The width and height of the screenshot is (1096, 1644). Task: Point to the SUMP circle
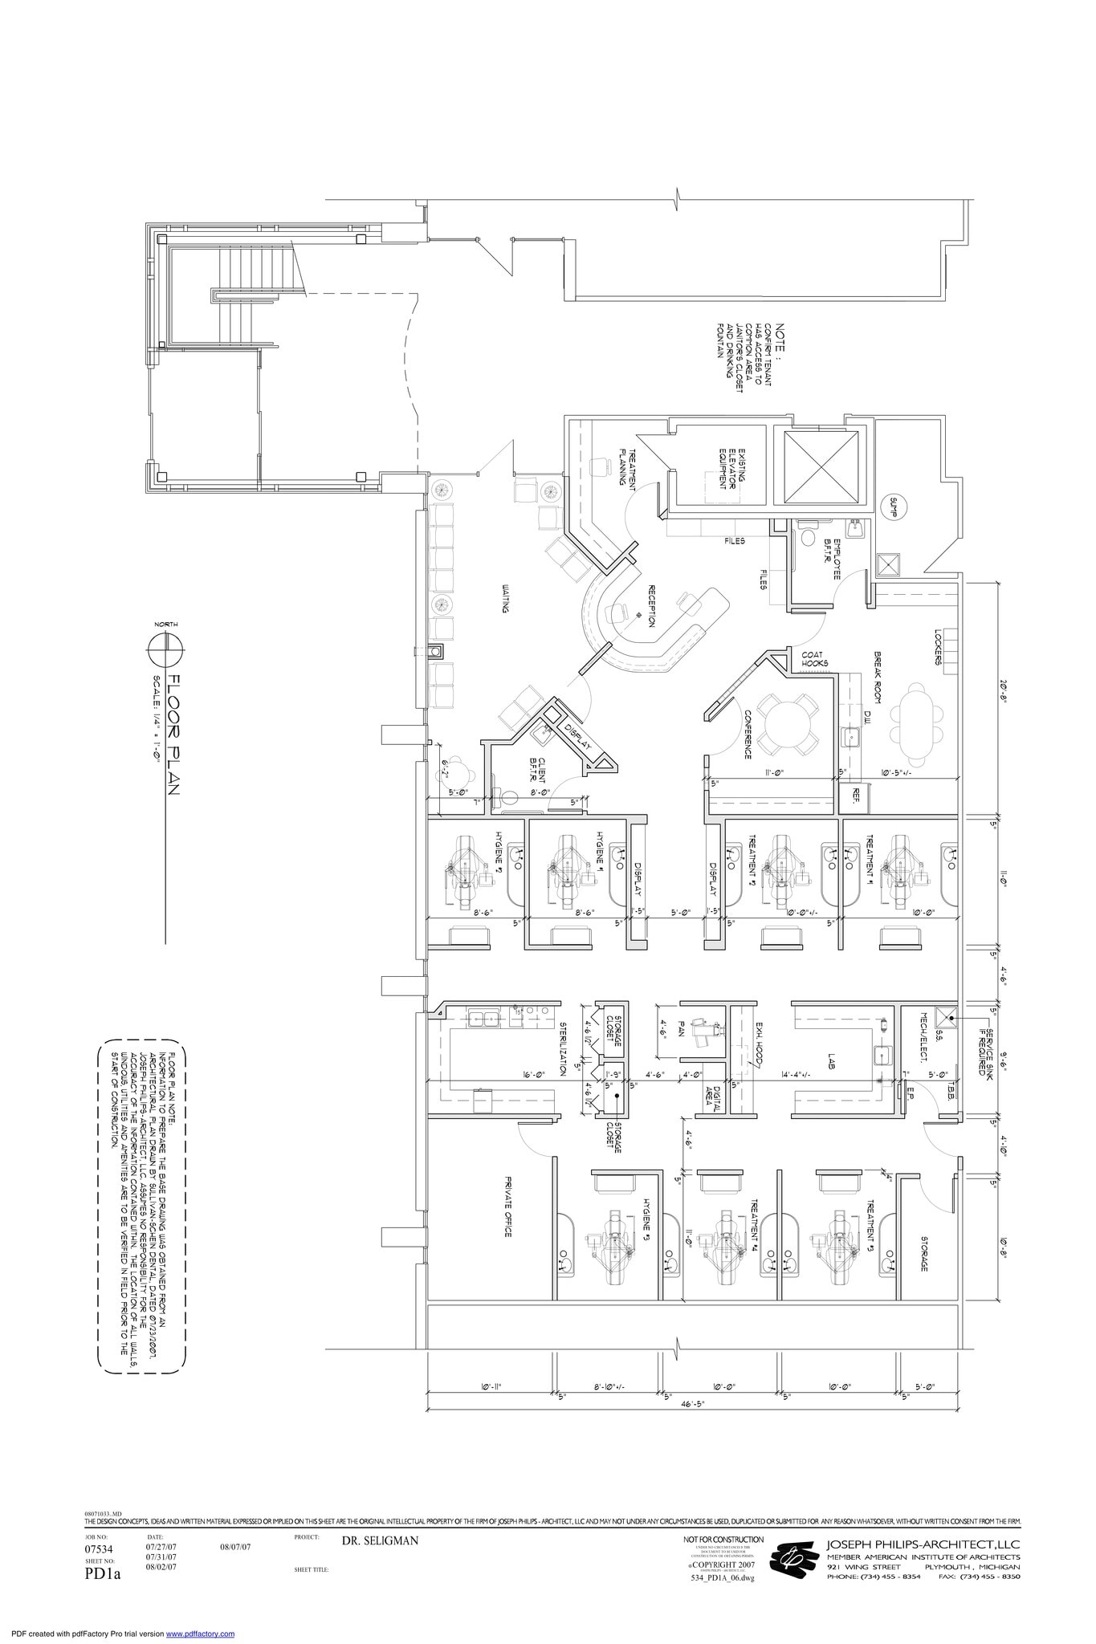[893, 507]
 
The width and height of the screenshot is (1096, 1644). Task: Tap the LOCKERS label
[937, 647]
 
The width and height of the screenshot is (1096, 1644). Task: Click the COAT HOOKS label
[815, 658]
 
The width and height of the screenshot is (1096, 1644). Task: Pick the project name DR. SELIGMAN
[380, 1540]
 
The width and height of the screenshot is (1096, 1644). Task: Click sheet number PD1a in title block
[102, 1573]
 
